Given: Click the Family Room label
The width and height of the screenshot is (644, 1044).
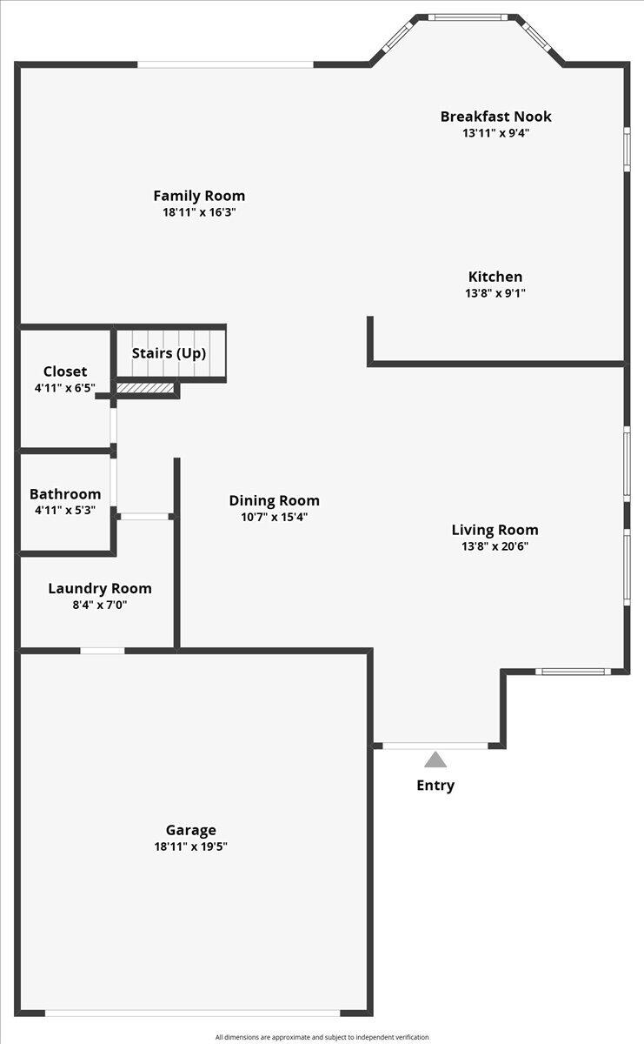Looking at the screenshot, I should tap(199, 196).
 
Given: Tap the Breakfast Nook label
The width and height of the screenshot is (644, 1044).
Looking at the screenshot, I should tap(495, 117).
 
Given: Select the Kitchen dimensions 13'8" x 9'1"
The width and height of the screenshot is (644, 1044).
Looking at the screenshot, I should tap(495, 293).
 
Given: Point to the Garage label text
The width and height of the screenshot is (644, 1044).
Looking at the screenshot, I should tap(190, 830).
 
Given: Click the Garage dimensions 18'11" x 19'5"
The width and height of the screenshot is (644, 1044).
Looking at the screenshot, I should tap(190, 847).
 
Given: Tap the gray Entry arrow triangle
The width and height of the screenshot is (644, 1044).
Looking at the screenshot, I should tap(435, 760).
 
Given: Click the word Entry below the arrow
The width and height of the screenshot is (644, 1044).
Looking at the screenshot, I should tap(435, 786).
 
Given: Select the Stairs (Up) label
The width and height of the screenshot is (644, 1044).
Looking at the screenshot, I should tap(169, 353).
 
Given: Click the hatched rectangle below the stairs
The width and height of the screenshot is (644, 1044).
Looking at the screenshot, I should tap(145, 388).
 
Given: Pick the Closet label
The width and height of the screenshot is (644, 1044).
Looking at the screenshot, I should tap(65, 371).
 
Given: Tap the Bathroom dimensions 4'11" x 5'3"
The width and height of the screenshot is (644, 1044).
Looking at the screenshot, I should tap(65, 511).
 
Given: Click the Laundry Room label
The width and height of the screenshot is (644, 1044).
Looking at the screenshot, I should tap(99, 588).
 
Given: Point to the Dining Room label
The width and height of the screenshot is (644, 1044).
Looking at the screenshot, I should tap(274, 500).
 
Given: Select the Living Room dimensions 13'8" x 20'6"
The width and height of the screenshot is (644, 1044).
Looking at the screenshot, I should tap(495, 546).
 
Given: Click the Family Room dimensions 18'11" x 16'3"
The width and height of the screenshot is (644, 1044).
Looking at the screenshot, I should tap(199, 212).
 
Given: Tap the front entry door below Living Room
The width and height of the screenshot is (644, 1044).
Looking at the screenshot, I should tap(435, 746).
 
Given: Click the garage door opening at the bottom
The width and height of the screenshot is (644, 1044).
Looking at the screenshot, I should tap(192, 1013).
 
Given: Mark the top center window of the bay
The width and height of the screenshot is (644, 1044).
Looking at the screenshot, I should tap(468, 17).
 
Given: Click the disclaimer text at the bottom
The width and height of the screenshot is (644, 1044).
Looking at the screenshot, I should tap(322, 1037).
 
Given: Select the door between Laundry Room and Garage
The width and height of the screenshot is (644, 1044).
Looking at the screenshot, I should tap(103, 651).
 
